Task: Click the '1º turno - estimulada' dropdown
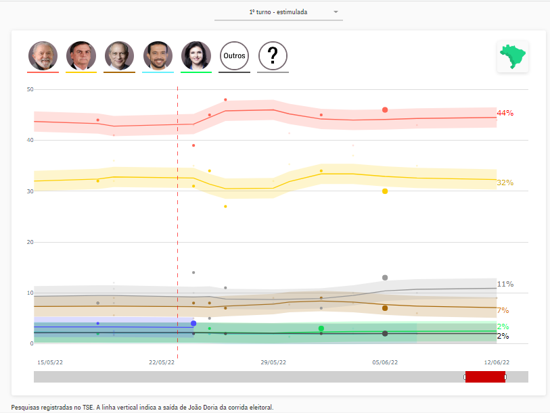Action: [x=278, y=12]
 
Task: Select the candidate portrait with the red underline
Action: [x=43, y=55]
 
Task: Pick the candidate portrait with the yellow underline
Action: [x=81, y=55]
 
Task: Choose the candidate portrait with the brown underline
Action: [x=119, y=55]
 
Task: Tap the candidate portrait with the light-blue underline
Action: [x=158, y=55]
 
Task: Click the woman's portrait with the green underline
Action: [x=196, y=55]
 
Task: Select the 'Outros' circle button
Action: [x=235, y=56]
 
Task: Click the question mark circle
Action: [x=273, y=56]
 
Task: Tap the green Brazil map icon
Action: [x=512, y=55]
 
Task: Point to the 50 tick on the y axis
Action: [x=30, y=89]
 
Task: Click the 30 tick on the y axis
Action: [x=30, y=191]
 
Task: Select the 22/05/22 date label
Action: [x=161, y=362]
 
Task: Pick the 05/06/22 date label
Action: [x=385, y=362]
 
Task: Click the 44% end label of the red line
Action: [x=505, y=113]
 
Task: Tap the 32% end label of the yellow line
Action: [x=505, y=183]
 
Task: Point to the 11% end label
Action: [x=505, y=284]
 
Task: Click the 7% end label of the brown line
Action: [x=503, y=310]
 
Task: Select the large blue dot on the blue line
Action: [x=193, y=324]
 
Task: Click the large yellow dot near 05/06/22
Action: [x=385, y=191]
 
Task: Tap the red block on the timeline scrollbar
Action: [x=485, y=376]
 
